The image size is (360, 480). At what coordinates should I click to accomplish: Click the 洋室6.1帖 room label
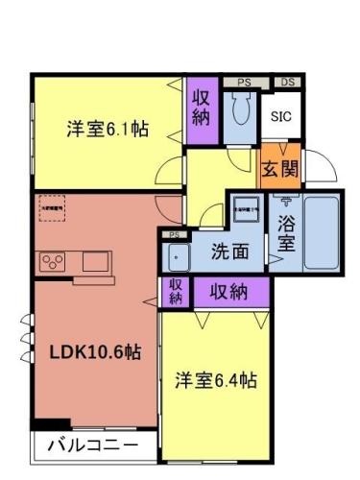click(107, 129)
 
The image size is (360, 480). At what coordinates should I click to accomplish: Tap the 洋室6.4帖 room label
click(215, 380)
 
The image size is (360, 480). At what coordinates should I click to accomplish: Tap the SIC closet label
click(280, 117)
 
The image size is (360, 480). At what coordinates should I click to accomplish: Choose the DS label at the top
click(287, 84)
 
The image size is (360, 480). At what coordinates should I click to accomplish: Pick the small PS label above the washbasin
click(174, 235)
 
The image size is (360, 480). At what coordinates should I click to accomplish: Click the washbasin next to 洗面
click(178, 256)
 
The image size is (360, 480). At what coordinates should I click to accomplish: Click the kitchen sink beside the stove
click(97, 261)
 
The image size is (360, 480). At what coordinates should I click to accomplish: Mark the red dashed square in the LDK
click(51, 208)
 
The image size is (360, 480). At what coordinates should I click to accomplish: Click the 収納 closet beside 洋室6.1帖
click(201, 108)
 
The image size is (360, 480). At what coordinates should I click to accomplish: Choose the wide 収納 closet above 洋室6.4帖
click(230, 291)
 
